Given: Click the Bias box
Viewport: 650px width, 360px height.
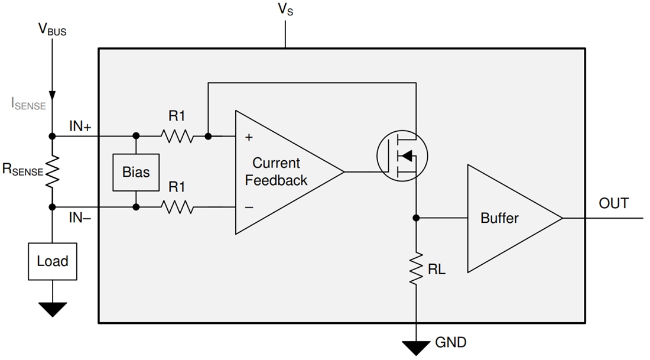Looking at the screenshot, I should [x=136, y=172].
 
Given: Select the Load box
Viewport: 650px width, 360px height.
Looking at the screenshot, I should [x=52, y=261].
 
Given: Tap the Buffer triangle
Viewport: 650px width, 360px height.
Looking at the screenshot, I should [x=508, y=218].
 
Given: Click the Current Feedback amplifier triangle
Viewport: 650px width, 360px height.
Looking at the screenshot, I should [x=281, y=172].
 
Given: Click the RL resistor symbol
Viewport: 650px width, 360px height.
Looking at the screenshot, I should [x=416, y=269].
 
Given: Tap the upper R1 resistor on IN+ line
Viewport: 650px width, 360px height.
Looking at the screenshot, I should [x=177, y=137].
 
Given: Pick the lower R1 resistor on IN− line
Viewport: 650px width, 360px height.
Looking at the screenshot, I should [x=177, y=207].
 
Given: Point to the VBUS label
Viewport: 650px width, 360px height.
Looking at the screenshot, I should [x=52, y=30].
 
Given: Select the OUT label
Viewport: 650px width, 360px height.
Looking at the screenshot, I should [x=613, y=203].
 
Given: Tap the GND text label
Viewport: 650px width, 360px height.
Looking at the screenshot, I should [x=450, y=342].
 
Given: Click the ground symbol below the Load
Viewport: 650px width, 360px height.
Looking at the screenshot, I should [x=52, y=309].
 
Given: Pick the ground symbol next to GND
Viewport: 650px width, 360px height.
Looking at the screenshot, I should [x=416, y=348].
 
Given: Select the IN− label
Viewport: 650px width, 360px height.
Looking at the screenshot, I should [x=80, y=218].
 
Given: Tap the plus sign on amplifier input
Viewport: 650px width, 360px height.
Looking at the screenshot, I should [x=249, y=138].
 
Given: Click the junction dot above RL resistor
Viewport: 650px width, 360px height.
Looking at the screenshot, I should [x=416, y=218].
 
